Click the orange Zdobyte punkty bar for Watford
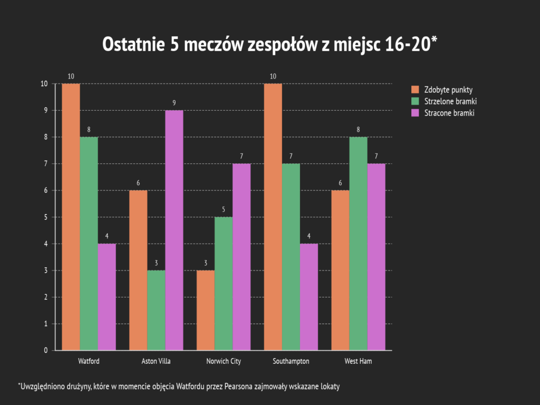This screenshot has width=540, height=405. [x=71, y=216]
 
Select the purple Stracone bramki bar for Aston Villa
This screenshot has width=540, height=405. [x=174, y=230]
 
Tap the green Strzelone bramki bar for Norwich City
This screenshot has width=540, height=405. [x=224, y=283]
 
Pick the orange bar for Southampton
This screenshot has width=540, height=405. [x=273, y=216]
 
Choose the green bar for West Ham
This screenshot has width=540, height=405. [x=358, y=243]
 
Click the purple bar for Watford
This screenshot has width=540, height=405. [x=107, y=296]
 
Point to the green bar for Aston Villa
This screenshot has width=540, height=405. [x=156, y=310]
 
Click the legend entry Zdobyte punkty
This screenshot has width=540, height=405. [x=448, y=89]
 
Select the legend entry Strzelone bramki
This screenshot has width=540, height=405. [x=450, y=101]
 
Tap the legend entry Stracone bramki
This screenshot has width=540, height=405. [x=449, y=112]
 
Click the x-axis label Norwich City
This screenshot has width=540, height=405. [x=224, y=361]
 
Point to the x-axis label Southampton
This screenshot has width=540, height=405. [x=291, y=361]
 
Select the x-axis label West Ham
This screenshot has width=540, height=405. [x=358, y=361]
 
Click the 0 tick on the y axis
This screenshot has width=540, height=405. [x=46, y=351]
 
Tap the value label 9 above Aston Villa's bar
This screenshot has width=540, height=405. [x=174, y=103]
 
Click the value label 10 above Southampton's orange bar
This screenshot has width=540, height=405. [x=273, y=76]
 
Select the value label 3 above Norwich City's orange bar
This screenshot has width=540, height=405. [x=206, y=263]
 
